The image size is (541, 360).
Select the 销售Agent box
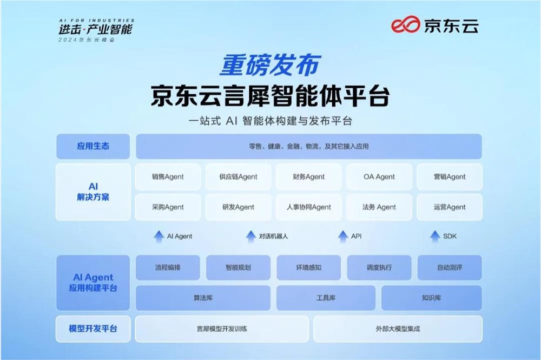[x=168, y=177]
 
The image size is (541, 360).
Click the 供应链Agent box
[x=238, y=177]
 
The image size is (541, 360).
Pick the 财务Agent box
[x=308, y=177]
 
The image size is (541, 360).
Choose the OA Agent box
[x=379, y=177]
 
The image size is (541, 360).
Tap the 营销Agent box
[x=449, y=177]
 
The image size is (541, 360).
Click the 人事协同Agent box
[x=308, y=207]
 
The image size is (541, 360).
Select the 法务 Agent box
[x=379, y=207]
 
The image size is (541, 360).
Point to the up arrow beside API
[x=342, y=236]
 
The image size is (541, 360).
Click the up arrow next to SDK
[x=434, y=236]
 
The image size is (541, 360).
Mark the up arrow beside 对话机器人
[x=250, y=236]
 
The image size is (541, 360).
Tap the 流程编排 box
[x=168, y=267]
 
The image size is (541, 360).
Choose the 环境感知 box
[x=309, y=267]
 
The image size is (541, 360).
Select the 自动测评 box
[x=450, y=267]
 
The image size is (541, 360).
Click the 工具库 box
[x=326, y=298]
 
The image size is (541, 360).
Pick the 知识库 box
[x=431, y=298]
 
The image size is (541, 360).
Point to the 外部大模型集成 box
[x=398, y=329]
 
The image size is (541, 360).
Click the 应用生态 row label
[x=93, y=146]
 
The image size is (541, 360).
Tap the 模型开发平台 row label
[x=93, y=329]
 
